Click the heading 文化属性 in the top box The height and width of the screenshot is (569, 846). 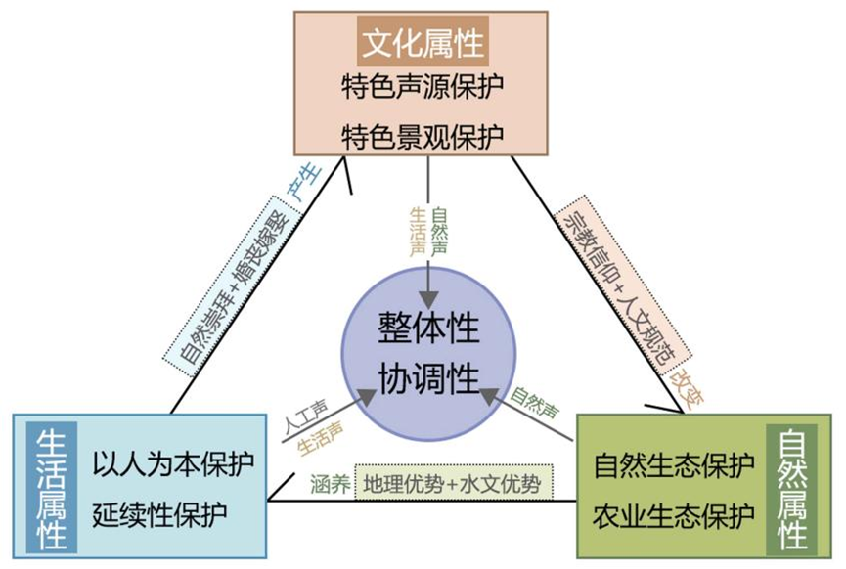point(423,44)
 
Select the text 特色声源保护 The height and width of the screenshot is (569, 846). point(423,87)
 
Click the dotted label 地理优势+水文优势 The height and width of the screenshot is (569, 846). point(454,482)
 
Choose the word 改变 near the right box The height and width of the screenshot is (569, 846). point(686,387)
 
